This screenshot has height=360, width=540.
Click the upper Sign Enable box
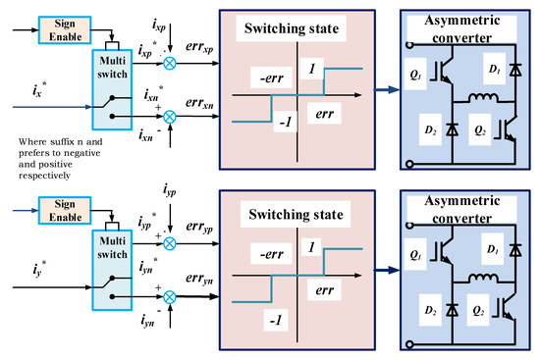(x=65, y=30)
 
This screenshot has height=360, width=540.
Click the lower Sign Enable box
(x=65, y=211)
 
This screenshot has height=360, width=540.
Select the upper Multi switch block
(x=112, y=89)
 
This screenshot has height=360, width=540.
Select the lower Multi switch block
(x=112, y=270)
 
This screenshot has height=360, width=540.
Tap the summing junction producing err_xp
(x=170, y=64)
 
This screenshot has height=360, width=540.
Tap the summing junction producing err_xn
(x=170, y=117)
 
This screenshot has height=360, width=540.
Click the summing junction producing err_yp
(x=170, y=243)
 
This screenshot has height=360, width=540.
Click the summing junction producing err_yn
(x=170, y=297)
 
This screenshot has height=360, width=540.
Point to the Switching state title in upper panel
(x=292, y=28)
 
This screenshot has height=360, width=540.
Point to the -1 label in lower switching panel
(x=276, y=321)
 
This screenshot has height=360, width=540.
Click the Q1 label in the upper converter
(x=415, y=75)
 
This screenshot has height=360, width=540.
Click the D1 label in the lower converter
(x=493, y=249)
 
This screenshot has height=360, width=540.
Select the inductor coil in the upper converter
(x=483, y=98)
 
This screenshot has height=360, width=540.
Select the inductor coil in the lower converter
(x=483, y=278)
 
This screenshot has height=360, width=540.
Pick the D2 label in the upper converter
(x=430, y=130)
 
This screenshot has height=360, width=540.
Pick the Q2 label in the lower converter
(x=478, y=311)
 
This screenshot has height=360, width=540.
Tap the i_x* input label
(x=39, y=89)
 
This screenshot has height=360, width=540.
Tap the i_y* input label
(x=39, y=270)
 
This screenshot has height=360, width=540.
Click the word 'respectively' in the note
(x=44, y=176)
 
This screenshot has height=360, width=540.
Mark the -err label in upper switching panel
(x=272, y=78)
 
